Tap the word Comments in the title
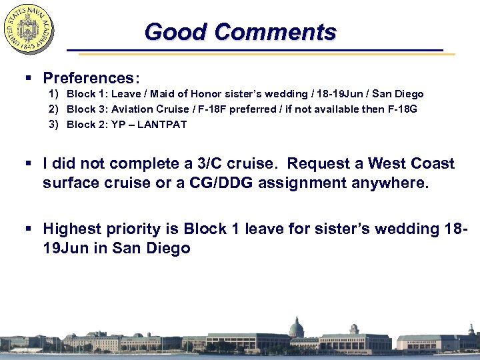coord(275,31)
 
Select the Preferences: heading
coord(91,78)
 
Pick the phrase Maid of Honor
coord(181,94)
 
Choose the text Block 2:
coord(87,124)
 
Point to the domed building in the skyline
coord(296,327)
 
